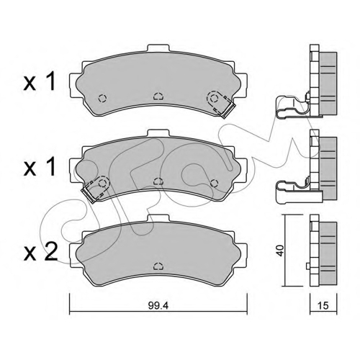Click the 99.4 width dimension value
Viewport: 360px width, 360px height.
(158, 305)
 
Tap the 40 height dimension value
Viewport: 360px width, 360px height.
(281, 251)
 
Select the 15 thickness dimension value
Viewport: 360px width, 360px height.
(323, 305)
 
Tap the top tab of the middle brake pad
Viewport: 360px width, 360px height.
(158, 133)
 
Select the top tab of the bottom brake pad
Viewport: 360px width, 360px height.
(158, 218)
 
